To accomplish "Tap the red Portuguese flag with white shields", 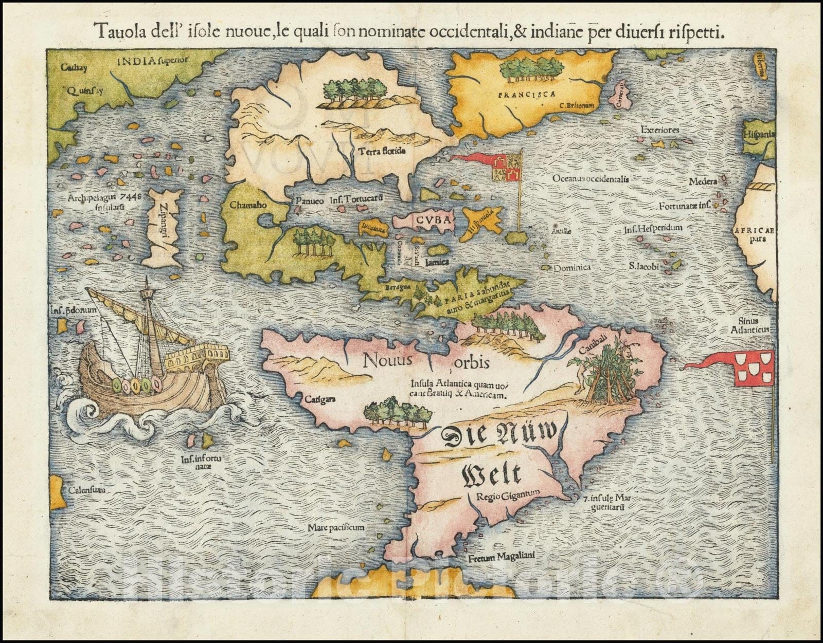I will click(754, 368).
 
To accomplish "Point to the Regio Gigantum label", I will click(507, 495).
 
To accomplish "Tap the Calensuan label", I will click(87, 490).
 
